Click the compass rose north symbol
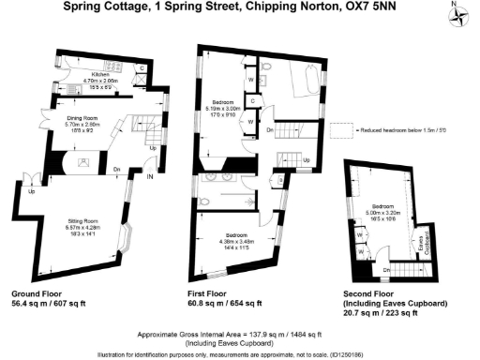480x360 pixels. pyautogui.click(x=459, y=12)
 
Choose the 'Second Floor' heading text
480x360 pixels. pyautogui.click(x=374, y=292)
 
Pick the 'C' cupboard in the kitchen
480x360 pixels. pyautogui.click(x=142, y=67)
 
